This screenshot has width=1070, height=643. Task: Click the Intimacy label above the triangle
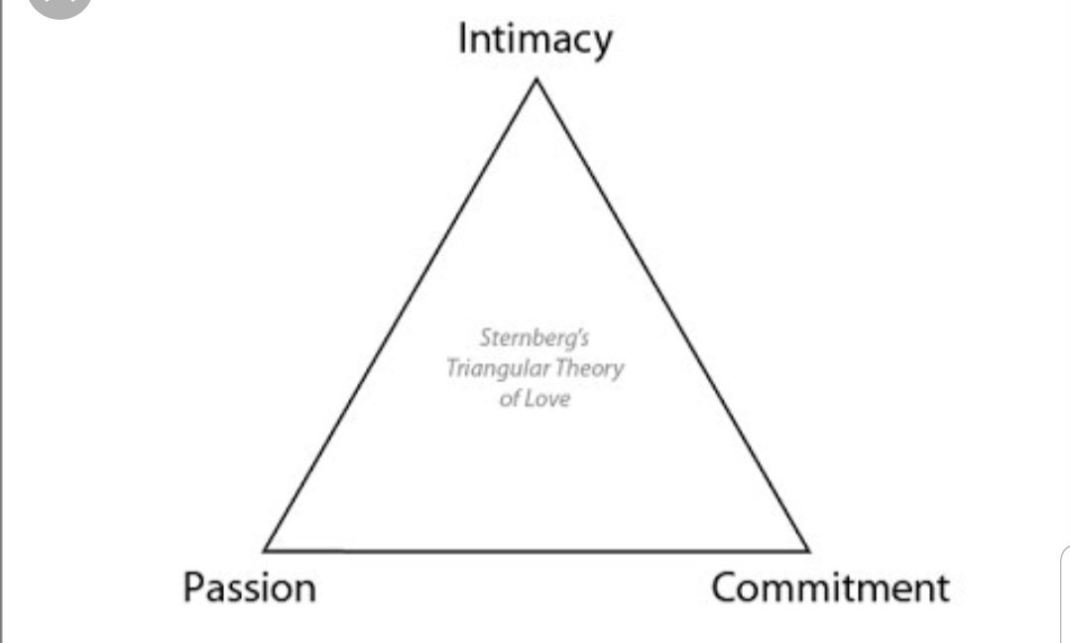(535, 40)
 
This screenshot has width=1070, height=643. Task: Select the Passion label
(249, 587)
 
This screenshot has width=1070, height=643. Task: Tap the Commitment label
(830, 587)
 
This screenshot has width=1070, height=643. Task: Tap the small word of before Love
(510, 400)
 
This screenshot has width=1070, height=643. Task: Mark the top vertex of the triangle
(536, 79)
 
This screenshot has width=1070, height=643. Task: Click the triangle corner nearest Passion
(266, 549)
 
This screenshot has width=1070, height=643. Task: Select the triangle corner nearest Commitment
(807, 549)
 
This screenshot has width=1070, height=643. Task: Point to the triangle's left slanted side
(401, 314)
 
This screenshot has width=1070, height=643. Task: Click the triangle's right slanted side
(672, 314)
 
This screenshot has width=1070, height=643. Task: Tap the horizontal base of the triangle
(536, 550)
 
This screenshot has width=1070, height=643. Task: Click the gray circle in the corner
(59, 5)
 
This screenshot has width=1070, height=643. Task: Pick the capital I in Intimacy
(462, 40)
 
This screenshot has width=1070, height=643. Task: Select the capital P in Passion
(191, 587)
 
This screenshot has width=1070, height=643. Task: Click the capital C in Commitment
(725, 587)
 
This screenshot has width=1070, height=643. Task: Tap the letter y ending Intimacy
(603, 45)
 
